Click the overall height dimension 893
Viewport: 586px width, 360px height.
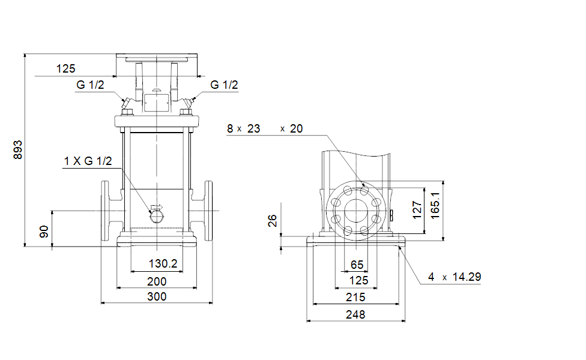[x=17, y=150]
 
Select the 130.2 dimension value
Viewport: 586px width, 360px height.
[x=163, y=263]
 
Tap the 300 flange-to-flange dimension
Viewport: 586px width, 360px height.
[x=157, y=296]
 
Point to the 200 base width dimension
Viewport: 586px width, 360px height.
[x=157, y=281]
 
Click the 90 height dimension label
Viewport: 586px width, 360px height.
[x=44, y=232]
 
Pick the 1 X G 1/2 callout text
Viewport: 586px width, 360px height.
[x=88, y=161]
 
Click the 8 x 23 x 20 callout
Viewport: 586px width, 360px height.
[x=265, y=128]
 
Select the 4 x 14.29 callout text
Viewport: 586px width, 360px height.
[x=455, y=277]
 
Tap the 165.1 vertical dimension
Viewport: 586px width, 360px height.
[x=435, y=206]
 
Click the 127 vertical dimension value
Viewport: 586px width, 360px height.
[x=417, y=210]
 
